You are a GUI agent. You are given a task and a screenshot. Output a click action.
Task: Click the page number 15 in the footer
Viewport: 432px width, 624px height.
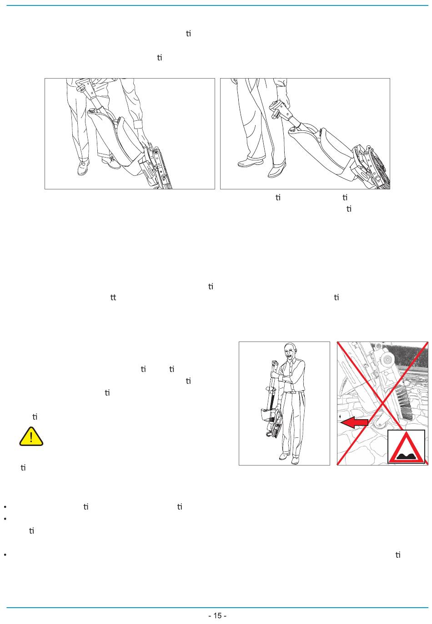point(217,615)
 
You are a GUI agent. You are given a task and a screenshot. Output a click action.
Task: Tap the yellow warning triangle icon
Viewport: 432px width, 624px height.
point(31,436)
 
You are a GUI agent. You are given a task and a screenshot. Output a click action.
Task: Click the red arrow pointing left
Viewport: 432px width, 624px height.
point(354,422)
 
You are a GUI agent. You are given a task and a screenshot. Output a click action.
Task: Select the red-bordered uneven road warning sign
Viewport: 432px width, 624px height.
point(407,447)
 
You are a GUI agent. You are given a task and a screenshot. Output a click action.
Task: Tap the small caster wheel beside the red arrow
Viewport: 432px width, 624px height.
point(377,423)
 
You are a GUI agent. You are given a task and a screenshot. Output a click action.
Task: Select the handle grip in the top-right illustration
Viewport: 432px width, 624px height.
point(277,109)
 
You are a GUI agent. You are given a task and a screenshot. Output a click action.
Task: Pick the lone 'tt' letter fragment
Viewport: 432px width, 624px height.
point(113,297)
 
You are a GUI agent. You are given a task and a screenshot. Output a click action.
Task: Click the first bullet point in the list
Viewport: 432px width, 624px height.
point(5,507)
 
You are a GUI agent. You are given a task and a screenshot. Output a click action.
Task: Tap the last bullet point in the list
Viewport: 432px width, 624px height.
point(5,555)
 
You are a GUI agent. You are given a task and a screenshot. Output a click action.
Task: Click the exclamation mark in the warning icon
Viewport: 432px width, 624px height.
point(31,437)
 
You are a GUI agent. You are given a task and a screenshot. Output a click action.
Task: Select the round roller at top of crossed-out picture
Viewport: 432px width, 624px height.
point(387,360)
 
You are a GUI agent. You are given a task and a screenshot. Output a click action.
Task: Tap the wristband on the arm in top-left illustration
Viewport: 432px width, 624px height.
point(137,124)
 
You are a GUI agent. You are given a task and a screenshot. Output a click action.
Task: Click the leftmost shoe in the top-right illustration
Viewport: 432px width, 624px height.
point(250,163)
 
